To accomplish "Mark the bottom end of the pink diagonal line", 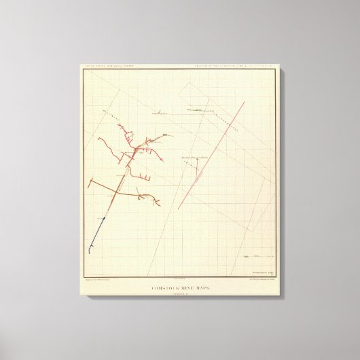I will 179,209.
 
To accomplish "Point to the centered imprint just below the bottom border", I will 179,279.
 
